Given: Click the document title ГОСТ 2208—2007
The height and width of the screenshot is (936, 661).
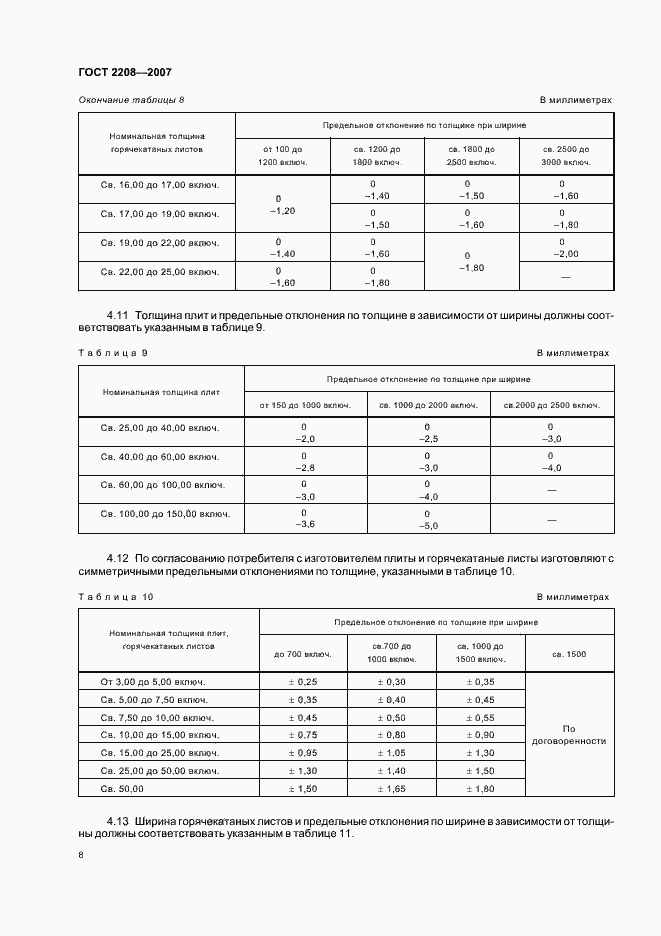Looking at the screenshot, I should (x=118, y=72).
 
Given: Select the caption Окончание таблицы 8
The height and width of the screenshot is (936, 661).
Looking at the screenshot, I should (x=131, y=100).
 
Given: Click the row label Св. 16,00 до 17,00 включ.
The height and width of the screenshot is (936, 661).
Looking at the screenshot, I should (x=158, y=185).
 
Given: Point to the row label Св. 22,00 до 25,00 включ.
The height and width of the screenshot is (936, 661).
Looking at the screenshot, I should (x=158, y=271).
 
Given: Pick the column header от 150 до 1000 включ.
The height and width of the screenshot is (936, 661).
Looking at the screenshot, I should (x=305, y=405).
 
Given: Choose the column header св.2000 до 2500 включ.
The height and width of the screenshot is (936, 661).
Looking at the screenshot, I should (x=552, y=405).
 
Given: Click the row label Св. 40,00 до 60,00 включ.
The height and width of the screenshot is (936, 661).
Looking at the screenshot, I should (x=161, y=457).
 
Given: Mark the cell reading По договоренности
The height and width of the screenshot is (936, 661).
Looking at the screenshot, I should (x=568, y=735).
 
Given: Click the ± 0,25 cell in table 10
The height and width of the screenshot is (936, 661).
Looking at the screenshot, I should (x=303, y=681).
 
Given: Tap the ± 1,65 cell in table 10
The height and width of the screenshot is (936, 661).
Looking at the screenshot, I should (x=392, y=789).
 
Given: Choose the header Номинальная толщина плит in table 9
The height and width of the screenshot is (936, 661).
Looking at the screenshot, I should (x=161, y=392).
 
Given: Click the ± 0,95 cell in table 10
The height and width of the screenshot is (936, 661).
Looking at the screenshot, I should (x=303, y=752).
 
